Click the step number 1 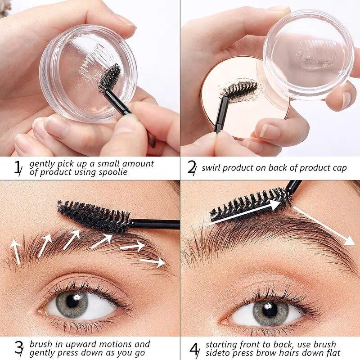point(18,168)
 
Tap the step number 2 point(192,168)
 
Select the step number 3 point(19,348)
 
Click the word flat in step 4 point(331,353)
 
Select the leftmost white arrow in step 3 point(16,251)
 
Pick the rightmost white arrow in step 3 point(153,262)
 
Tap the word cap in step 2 point(339,168)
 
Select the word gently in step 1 point(41,164)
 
